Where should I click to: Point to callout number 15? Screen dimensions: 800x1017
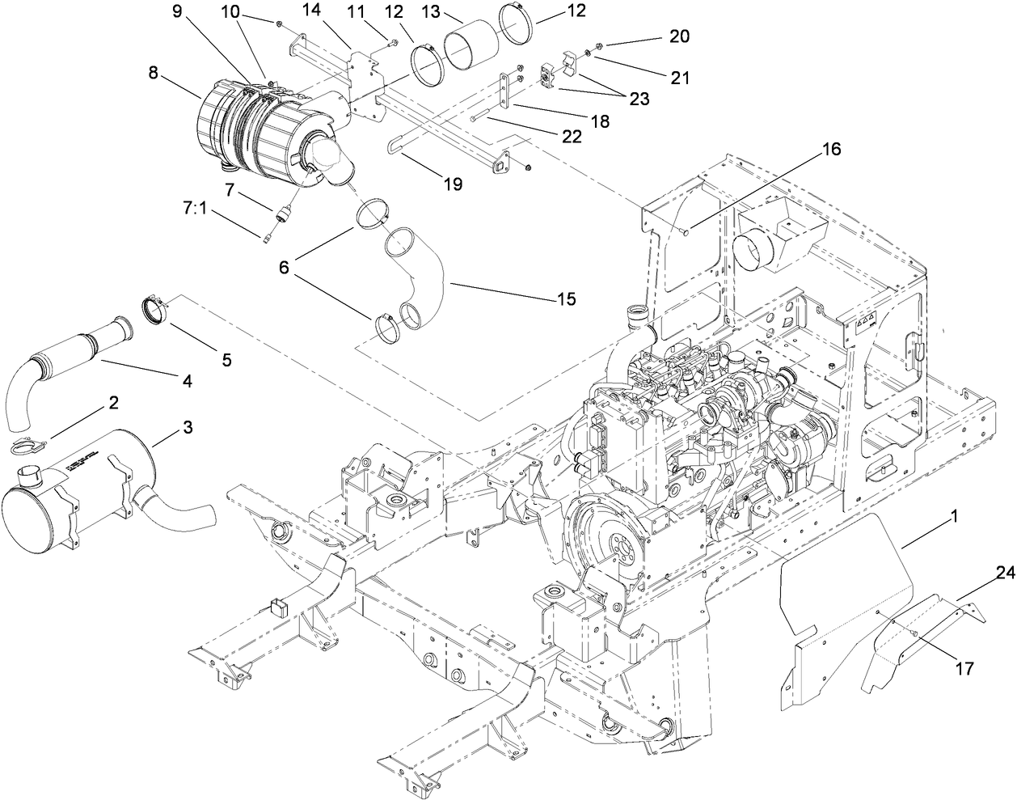[566, 299]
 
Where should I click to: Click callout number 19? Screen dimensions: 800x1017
[453, 184]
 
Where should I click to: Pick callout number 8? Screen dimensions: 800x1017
[154, 72]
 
